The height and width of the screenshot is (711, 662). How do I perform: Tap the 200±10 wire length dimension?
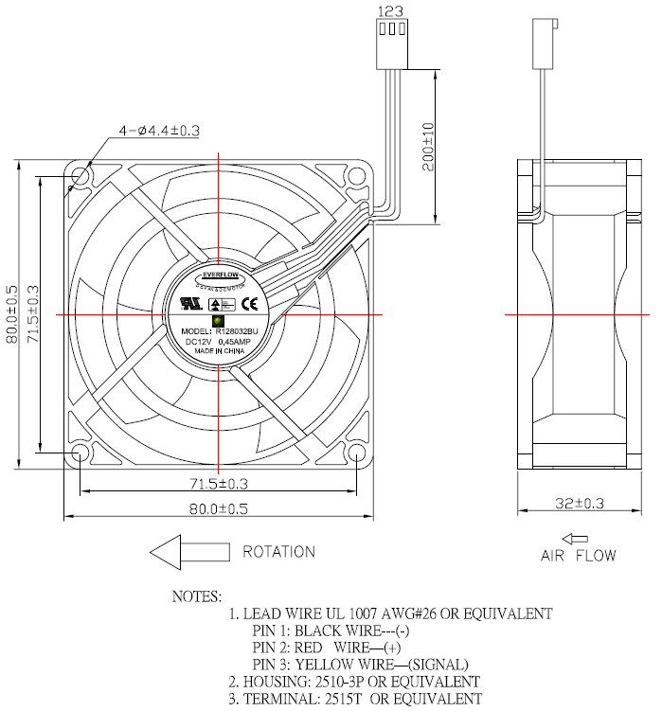click(428, 146)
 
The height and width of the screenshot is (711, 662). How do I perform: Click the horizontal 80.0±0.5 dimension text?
click(219, 508)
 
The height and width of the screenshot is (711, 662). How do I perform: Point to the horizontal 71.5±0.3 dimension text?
click(219, 483)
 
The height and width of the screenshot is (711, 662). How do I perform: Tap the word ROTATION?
click(279, 551)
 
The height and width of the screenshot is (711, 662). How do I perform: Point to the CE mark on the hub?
click(251, 304)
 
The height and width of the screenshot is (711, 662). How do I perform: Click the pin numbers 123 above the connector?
click(390, 10)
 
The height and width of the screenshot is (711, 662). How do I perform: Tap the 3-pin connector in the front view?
click(390, 43)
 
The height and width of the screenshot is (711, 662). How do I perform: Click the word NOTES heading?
click(196, 597)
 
